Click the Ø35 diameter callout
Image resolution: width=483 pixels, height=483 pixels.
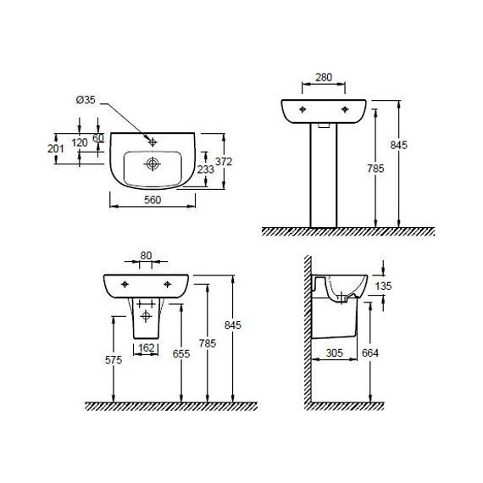coord(86,100)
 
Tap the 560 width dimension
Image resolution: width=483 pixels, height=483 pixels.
coord(153,200)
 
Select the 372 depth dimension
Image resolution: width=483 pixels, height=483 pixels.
coord(224,161)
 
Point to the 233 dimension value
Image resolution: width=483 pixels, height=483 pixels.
coord(205,169)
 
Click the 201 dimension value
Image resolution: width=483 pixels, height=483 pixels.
coord(56,148)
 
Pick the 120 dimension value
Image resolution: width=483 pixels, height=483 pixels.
coord(80,142)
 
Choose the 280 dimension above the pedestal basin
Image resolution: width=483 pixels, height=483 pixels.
coord(324,77)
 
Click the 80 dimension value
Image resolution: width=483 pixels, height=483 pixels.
coord(146,256)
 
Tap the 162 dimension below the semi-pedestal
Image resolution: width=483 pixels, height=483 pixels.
coord(147,347)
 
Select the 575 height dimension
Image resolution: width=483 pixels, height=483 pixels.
coord(114,359)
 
